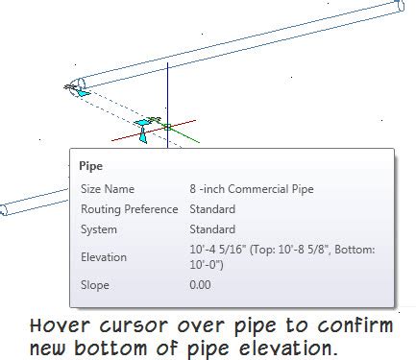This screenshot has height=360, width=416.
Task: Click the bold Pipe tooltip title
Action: click(x=91, y=166)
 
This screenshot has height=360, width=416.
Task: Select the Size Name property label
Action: click(x=107, y=189)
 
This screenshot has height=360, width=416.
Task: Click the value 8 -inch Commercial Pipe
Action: click(x=252, y=189)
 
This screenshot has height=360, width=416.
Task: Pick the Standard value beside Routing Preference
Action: click(x=212, y=209)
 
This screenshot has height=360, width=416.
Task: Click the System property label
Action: click(x=99, y=229)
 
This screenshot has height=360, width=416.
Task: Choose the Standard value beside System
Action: click(x=212, y=229)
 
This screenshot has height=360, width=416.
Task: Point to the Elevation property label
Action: click(x=104, y=256)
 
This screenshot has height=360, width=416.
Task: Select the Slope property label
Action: click(x=94, y=285)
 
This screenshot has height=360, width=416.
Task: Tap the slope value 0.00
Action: click(x=201, y=285)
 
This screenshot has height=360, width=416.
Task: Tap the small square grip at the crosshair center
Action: click(x=167, y=126)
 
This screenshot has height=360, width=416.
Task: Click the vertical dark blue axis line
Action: click(x=167, y=91)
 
